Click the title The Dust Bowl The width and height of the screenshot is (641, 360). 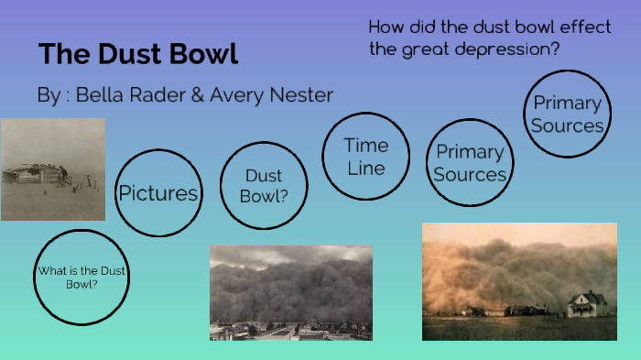tap(138, 53)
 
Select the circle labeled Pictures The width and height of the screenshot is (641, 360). tap(158, 192)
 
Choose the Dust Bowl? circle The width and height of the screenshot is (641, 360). tap(263, 184)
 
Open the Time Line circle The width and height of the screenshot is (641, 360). tap(365, 156)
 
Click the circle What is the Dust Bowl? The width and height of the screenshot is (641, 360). tap(81, 278)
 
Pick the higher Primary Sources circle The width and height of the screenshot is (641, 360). tap(567, 114)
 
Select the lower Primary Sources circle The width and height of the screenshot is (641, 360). tap(470, 162)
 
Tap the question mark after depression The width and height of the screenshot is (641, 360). tap(554, 49)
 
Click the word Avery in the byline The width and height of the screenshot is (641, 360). tap(235, 94)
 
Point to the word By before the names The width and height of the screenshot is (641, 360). tap(48, 94)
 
